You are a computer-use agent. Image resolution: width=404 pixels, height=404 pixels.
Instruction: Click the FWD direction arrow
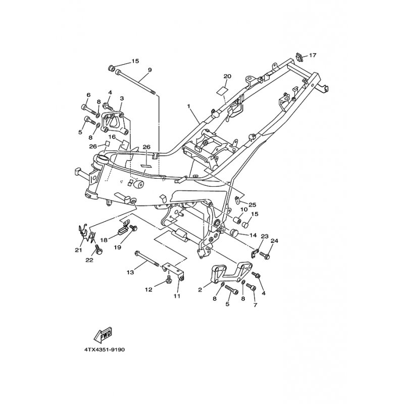coord(103,334)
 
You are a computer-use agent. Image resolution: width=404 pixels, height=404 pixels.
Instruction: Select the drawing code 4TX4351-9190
coord(105,350)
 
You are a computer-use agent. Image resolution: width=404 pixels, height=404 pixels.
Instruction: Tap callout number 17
coord(313,56)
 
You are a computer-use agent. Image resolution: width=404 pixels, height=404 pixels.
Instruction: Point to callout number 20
coord(227,76)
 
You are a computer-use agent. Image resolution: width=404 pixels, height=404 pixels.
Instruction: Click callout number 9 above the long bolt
coord(150,70)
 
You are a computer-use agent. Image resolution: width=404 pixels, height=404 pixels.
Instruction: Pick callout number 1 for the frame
coord(188,106)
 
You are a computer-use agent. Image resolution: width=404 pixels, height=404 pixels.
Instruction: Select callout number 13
coord(131,272)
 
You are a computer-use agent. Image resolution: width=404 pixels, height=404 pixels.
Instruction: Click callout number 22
coord(89,260)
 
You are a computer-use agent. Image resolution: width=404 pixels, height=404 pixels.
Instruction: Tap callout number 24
coord(274,241)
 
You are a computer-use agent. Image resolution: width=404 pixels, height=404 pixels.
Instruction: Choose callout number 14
coord(253,235)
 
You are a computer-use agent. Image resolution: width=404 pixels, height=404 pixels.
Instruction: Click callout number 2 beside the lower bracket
coord(200,290)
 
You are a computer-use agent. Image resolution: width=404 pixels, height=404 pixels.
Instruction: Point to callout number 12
coord(148,289)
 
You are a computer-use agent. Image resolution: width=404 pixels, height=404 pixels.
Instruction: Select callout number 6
coord(88,95)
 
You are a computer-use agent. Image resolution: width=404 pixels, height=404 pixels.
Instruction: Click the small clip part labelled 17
coord(299,57)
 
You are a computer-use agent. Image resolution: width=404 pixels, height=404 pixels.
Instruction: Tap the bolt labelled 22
coord(98,249)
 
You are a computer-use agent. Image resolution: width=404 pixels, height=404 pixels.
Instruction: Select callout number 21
coord(79,250)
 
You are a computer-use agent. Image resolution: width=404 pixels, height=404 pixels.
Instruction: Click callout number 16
coord(112,136)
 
